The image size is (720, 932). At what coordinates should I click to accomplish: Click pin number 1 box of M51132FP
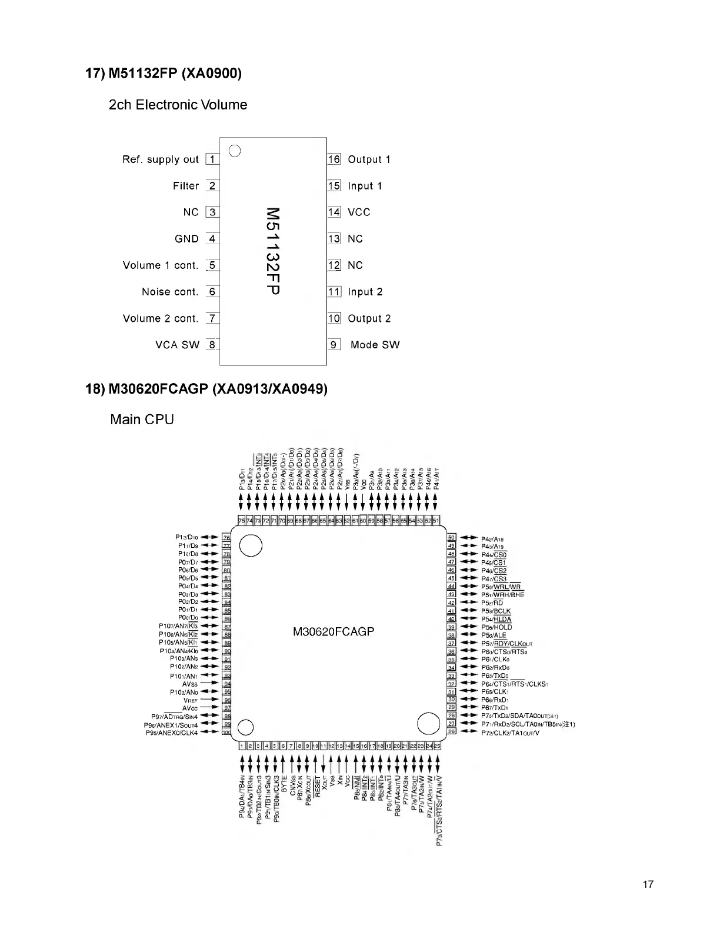point(212,159)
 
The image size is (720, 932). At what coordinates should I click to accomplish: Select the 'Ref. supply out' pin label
point(161,159)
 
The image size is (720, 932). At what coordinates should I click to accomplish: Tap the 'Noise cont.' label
point(170,292)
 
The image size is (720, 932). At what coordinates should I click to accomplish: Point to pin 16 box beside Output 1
point(334,159)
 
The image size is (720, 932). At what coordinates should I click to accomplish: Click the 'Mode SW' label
point(375,345)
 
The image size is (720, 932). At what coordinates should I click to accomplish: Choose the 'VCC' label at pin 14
point(359,212)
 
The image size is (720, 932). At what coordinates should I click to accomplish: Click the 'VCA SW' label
point(178,345)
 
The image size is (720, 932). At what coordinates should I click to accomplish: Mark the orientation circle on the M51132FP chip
point(235,150)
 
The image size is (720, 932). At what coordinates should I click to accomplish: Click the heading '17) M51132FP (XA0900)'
point(164,74)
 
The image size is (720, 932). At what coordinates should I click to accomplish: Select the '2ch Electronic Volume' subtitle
point(178,105)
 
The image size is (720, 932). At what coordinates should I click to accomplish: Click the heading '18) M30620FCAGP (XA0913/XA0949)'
point(206,389)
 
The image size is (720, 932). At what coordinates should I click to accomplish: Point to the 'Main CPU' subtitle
point(142,420)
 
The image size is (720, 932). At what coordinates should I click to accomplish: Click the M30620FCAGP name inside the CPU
point(334,633)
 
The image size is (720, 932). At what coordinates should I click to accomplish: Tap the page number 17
point(648,884)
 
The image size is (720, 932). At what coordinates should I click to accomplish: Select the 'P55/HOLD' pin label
point(496,627)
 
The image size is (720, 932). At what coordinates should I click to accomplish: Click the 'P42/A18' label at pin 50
point(492,538)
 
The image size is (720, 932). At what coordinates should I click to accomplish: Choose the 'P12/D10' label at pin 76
point(186,537)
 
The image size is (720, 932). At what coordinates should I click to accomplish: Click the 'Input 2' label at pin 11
point(365,292)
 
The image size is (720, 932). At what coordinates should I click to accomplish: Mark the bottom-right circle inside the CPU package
point(428,724)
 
